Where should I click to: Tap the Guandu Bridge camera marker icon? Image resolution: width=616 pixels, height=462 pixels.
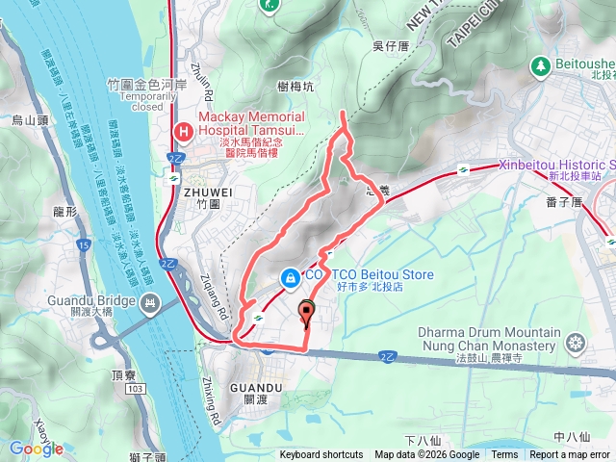coord(149,305)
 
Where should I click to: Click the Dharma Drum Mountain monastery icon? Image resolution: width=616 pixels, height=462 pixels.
coord(576,342)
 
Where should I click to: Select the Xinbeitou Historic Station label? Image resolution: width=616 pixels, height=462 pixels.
coord(556,165)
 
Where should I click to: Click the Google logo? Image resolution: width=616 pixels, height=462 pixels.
coord(36,449)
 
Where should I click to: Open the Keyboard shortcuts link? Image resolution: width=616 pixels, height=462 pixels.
coord(321,455)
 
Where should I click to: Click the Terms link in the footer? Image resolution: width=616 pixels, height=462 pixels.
coord(504,455)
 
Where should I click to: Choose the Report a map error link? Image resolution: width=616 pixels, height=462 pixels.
coord(571,455)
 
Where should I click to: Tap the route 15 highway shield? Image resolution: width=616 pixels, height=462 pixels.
coord(85,247)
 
